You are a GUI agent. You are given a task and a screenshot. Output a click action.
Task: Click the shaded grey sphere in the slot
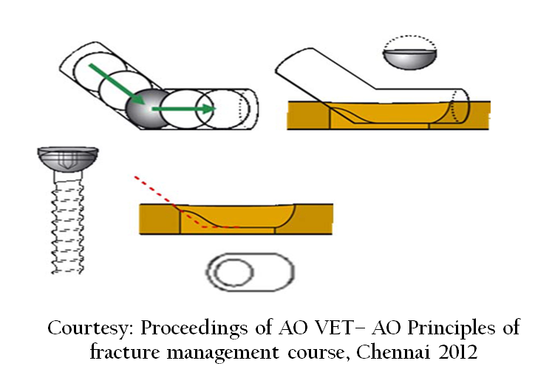[x=148, y=108]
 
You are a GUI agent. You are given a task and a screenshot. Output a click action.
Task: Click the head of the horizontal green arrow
[x=208, y=108]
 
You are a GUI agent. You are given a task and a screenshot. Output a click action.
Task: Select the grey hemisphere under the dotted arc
[x=410, y=59]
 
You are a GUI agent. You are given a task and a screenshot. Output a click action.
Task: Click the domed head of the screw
[x=68, y=159]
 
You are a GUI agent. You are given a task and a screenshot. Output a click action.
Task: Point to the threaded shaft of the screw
[x=67, y=223]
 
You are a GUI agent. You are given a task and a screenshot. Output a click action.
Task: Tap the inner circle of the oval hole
[x=234, y=272]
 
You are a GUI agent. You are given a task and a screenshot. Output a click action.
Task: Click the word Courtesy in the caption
[x=89, y=328]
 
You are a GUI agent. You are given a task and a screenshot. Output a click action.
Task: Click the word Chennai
[x=393, y=351]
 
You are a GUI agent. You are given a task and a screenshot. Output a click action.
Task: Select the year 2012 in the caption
[x=457, y=352]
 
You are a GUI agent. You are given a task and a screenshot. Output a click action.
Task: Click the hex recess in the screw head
[x=67, y=160]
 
